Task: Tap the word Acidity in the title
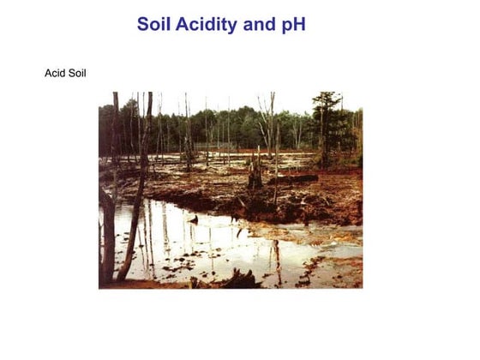pyautogui.click(x=207, y=25)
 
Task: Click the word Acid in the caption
pyautogui.click(x=55, y=73)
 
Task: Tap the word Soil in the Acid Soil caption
pyautogui.click(x=76, y=73)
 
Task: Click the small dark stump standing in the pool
pyautogui.click(x=194, y=220)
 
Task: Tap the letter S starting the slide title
pyautogui.click(x=143, y=25)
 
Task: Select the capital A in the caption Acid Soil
pyautogui.click(x=48, y=73)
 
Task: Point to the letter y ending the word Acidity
pyautogui.click(x=232, y=27)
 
